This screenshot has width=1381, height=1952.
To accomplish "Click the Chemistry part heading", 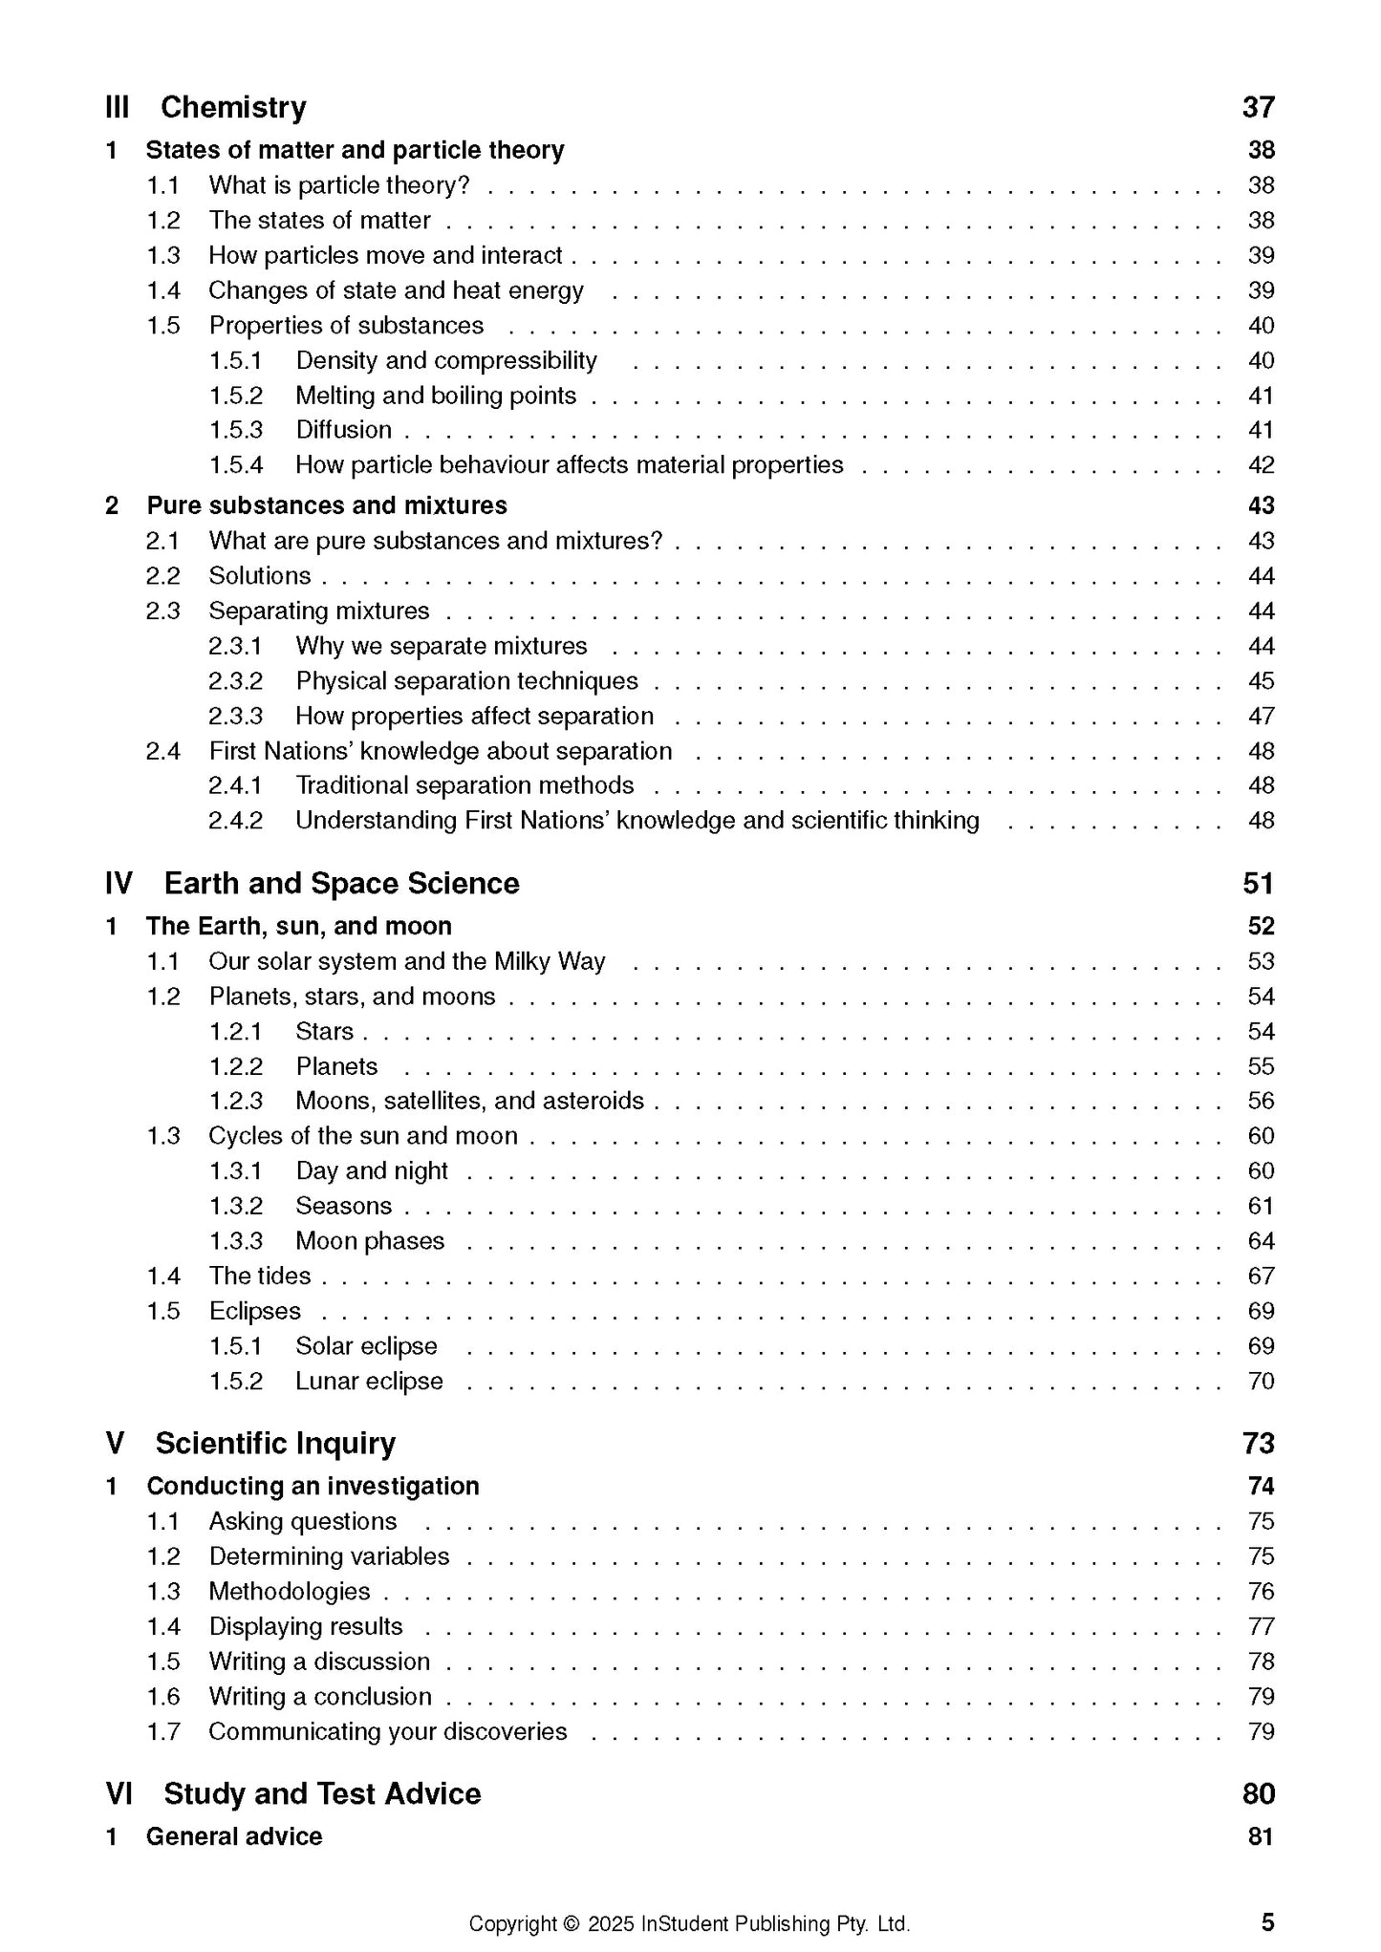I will pyautogui.click(x=233, y=107).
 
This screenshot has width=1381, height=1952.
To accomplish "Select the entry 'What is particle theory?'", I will pyautogui.click(x=339, y=185).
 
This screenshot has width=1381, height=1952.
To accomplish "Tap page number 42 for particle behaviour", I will pyautogui.click(x=1261, y=465).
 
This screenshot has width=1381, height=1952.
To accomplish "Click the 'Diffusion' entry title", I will pyautogui.click(x=343, y=430).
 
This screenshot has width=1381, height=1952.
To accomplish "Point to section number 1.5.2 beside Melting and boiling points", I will pyautogui.click(x=235, y=396).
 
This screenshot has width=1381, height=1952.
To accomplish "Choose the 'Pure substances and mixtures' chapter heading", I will pyautogui.click(x=327, y=505).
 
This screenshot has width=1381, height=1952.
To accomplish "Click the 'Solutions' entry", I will pyautogui.click(x=260, y=576).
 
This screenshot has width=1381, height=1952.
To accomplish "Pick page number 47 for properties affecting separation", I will pyautogui.click(x=1261, y=717).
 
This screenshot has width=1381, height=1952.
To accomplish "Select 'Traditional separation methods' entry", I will pyautogui.click(x=464, y=785).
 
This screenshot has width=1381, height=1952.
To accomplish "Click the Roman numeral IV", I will pyautogui.click(x=119, y=884).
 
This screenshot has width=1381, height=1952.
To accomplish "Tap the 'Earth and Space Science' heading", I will pyautogui.click(x=341, y=884).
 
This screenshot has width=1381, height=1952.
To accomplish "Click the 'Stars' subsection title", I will pyautogui.click(x=324, y=1032).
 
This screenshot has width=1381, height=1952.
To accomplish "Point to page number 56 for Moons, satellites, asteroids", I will pyautogui.click(x=1261, y=1102).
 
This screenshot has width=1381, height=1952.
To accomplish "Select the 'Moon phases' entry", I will pyautogui.click(x=370, y=1241).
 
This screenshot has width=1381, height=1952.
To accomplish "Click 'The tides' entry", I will pyautogui.click(x=260, y=1276).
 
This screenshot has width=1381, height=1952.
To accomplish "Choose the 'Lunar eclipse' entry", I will pyautogui.click(x=369, y=1382).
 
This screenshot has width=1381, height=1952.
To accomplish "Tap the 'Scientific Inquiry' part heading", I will pyautogui.click(x=275, y=1444).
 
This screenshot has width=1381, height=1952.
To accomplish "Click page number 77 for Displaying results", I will pyautogui.click(x=1261, y=1627).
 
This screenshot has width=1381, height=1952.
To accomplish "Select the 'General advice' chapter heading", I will pyautogui.click(x=234, y=1836).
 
